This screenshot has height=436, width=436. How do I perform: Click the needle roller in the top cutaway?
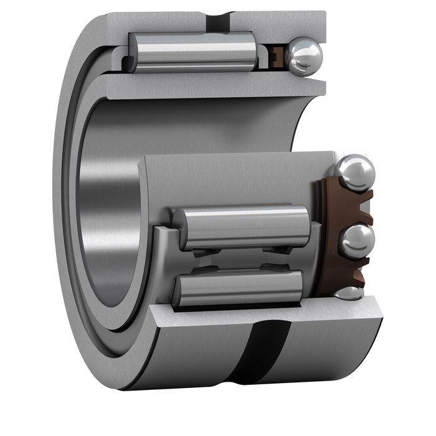[193, 52]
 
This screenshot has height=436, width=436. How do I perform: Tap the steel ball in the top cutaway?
[305, 57]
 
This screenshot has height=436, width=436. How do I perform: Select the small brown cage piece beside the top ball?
[278, 58]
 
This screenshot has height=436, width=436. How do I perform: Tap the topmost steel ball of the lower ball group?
[355, 172]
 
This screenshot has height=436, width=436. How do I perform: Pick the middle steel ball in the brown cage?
[357, 240]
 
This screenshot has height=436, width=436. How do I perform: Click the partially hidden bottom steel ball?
[349, 293]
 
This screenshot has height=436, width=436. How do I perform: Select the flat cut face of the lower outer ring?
[262, 314]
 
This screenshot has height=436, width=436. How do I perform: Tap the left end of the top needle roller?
[133, 52]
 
